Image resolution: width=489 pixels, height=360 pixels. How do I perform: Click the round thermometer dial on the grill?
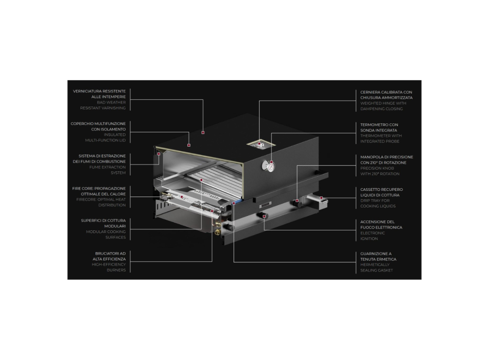(269, 166)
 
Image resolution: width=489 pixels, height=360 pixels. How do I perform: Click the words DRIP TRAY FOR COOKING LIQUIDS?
(378, 204)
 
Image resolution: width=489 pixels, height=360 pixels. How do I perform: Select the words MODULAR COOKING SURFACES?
(106, 235)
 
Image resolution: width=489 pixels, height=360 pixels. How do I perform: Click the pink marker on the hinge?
(259, 145)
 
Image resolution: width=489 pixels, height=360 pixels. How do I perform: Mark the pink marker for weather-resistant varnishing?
(203, 133)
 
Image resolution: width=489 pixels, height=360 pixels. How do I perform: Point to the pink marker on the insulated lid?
(189, 146)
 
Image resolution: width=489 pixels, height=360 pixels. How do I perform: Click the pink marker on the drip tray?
(321, 198)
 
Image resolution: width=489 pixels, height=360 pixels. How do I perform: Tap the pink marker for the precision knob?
(297, 201)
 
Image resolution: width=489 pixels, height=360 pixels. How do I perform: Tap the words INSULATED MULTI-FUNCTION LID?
(106, 137)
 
